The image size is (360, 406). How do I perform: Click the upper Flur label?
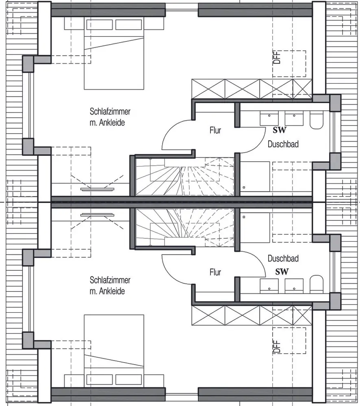click(215, 131)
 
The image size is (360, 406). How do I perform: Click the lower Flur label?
click(215, 272)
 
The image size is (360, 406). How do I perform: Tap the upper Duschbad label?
click(283, 144)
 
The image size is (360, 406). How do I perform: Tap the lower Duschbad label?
click(283, 258)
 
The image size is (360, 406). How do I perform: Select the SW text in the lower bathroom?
click(282, 272)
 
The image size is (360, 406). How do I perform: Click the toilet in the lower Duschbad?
click(316, 284)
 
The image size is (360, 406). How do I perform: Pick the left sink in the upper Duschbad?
click(269, 119)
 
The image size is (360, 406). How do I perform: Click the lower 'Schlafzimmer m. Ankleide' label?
click(110, 285)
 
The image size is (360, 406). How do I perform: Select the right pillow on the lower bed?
click(128, 380)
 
